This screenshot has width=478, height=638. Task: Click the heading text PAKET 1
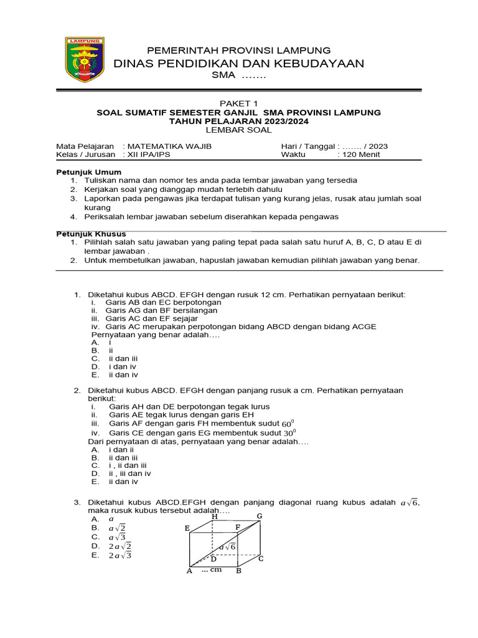tap(238, 103)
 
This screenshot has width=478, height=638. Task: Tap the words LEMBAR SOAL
tap(238, 130)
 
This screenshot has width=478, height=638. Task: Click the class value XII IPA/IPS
tap(149, 155)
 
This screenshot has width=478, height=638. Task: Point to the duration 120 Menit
tap(361, 155)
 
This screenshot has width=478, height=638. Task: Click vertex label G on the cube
tap(260, 516)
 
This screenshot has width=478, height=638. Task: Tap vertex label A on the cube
tap(189, 571)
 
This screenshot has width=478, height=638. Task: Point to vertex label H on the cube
tap(215, 517)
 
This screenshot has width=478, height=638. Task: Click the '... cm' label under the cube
tap(212, 569)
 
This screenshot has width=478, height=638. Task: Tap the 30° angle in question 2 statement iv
tap(290, 432)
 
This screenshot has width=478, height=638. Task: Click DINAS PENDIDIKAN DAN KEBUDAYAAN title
tap(239, 64)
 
